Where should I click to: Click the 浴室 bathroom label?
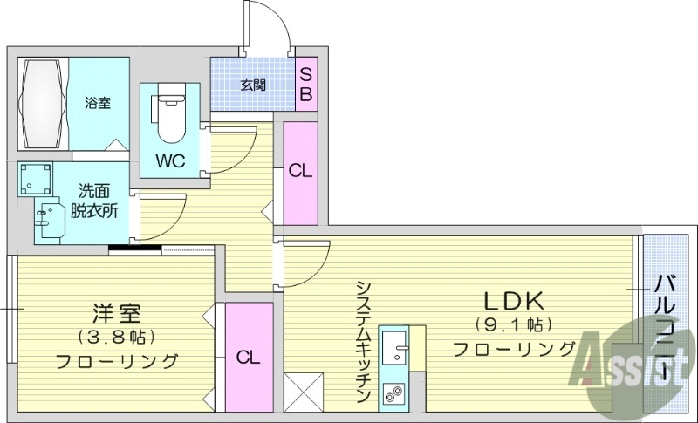pyautogui.click(x=97, y=103)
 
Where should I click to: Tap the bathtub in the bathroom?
pyautogui.click(x=43, y=104)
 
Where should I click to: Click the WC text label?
pyautogui.click(x=169, y=161)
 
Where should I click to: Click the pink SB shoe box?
pyautogui.click(x=305, y=84)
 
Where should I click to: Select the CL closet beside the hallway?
pyautogui.click(x=300, y=172)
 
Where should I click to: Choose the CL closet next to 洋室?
pyautogui.click(x=248, y=356)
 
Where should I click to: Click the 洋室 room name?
pyautogui.click(x=117, y=311)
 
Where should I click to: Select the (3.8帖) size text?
pyautogui.click(x=117, y=336)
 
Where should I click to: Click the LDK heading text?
pyautogui.click(x=514, y=301)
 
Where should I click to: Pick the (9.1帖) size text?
pyautogui.click(x=514, y=325)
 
